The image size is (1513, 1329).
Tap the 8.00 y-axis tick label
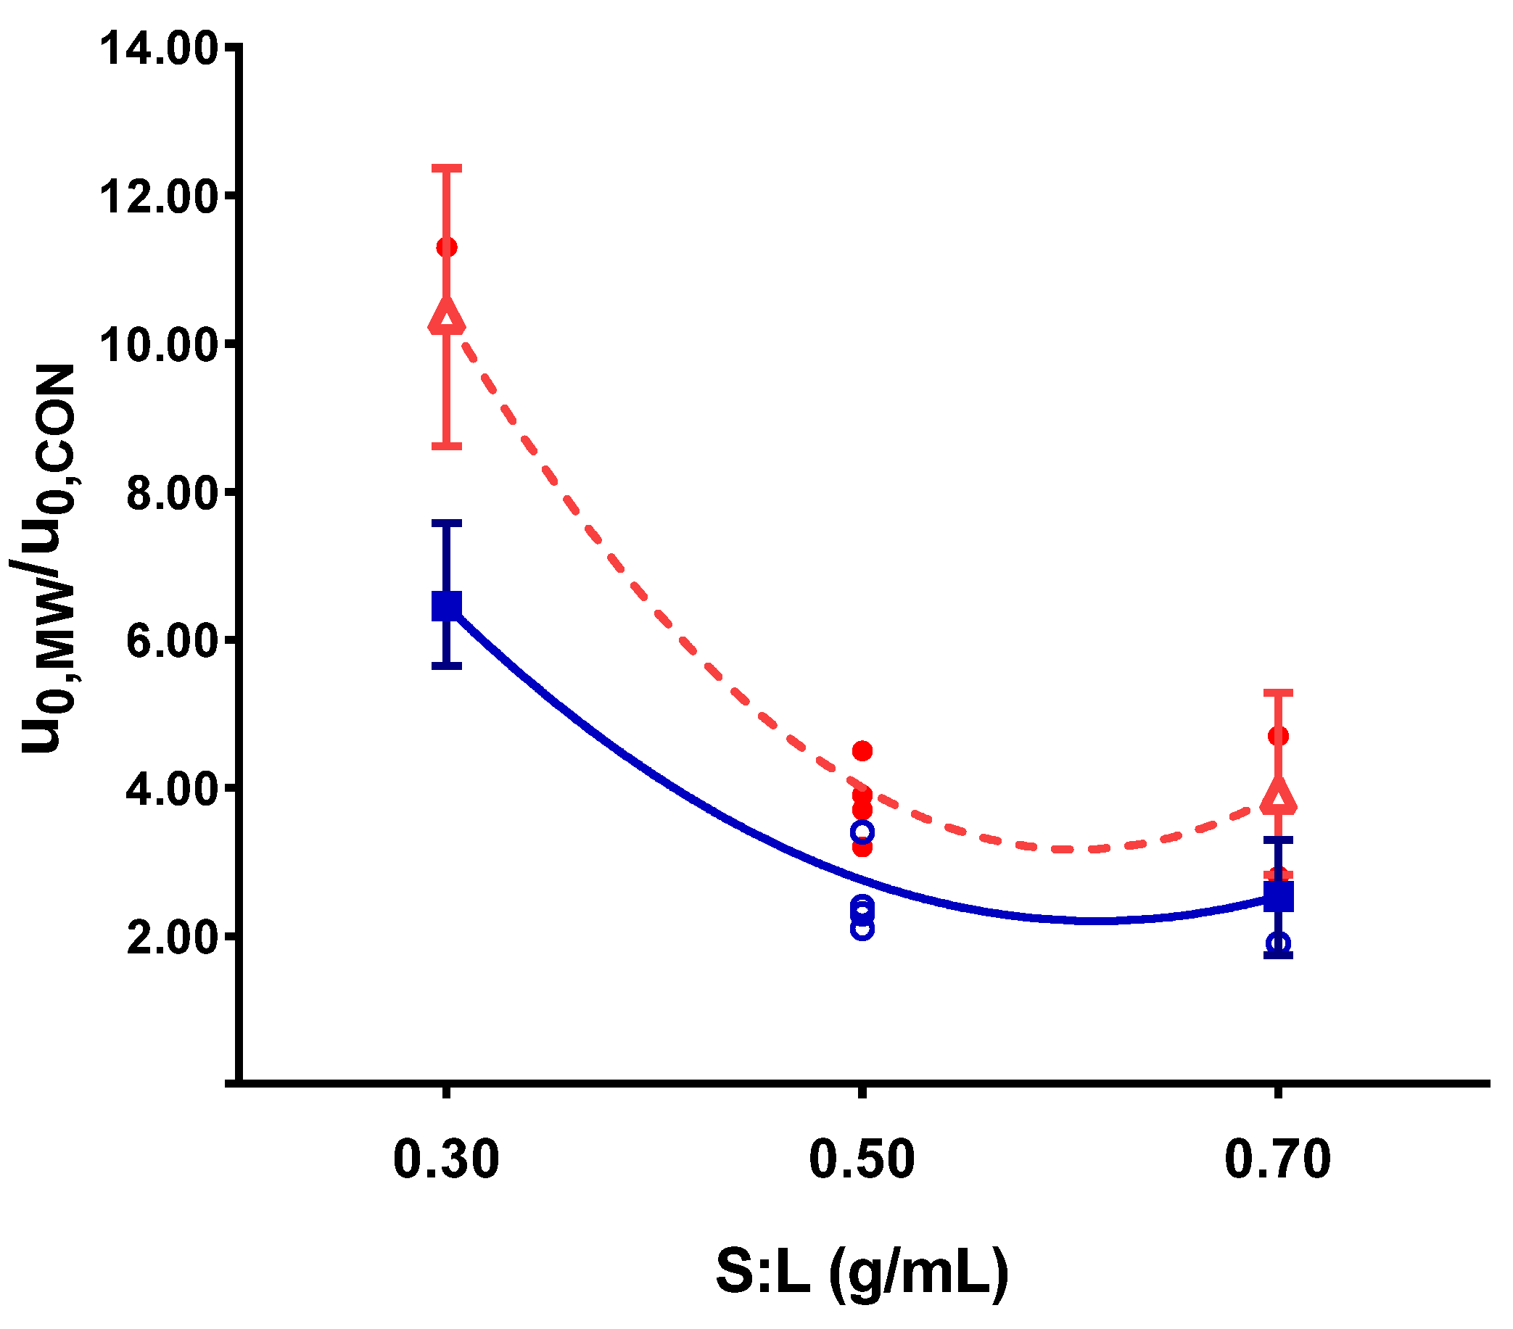point(171,494)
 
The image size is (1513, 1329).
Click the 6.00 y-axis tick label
point(171,642)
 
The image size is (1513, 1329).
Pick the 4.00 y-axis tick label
point(171,790)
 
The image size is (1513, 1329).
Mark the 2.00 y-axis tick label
point(171,938)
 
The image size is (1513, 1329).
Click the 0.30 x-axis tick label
point(445,1159)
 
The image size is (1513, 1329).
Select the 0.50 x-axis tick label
point(862,1159)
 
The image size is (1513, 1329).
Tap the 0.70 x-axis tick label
point(1277,1159)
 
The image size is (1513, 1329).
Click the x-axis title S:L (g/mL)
point(862,1271)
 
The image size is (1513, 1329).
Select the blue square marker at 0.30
point(446,605)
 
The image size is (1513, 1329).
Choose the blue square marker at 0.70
point(1278,897)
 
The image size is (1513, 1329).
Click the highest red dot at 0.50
point(862,751)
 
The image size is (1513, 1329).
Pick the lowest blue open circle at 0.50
point(862,929)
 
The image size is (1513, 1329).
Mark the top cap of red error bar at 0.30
point(446,168)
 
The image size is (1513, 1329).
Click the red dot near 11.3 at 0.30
point(446,247)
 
